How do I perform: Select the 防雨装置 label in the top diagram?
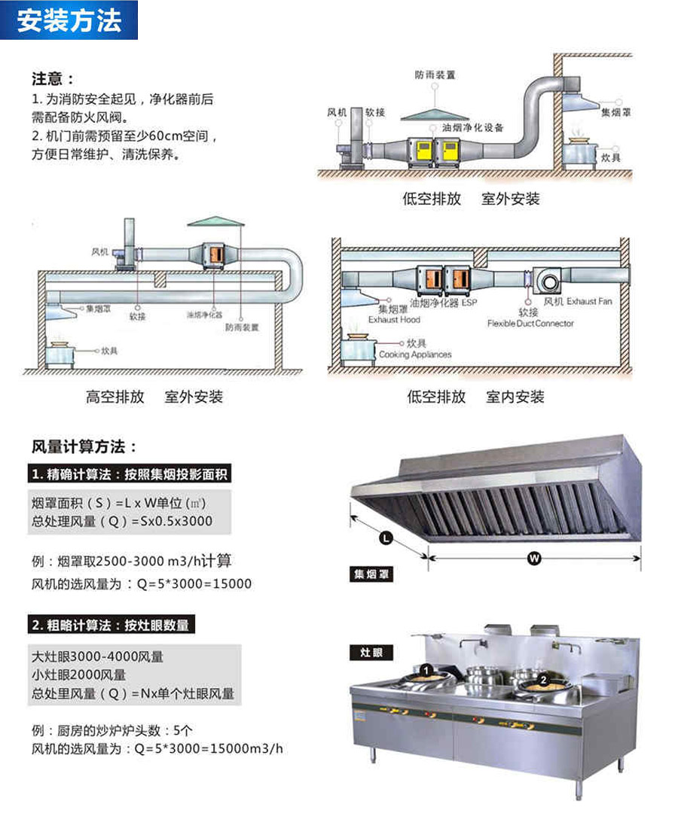[x=435, y=75]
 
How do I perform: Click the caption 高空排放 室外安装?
[x=154, y=397]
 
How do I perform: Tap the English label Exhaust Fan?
[x=591, y=301]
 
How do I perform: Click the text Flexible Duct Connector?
[x=530, y=323]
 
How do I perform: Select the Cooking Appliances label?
[x=415, y=354]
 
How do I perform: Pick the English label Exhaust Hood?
[x=393, y=319]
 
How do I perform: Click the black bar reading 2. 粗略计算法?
[x=113, y=625]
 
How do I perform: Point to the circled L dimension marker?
[x=385, y=538]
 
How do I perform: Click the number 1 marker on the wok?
[x=426, y=668]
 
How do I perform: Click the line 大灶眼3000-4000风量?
[x=98, y=656]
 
